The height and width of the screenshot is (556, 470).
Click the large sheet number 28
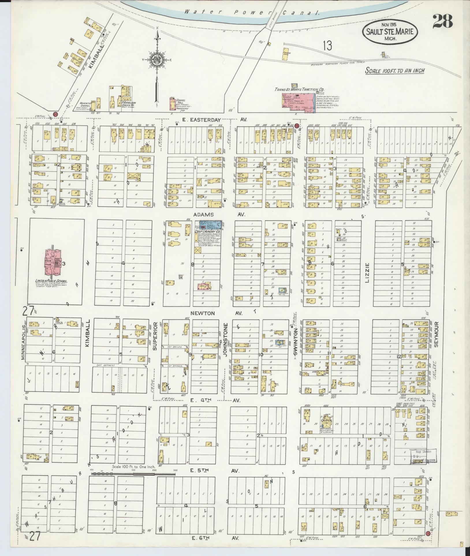point(442,21)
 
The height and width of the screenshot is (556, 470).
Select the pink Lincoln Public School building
point(53,262)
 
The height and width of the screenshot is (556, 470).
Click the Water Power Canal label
point(251,12)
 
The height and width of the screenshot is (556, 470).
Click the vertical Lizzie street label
point(367,273)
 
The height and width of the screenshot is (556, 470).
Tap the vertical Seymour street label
point(436,335)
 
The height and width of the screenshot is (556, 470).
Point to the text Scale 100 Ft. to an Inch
point(395,70)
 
